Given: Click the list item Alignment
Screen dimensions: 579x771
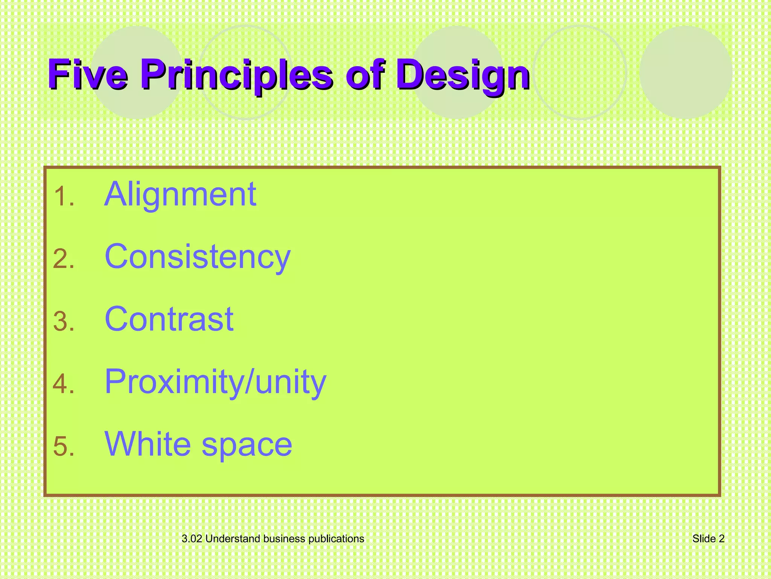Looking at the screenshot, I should point(180,195).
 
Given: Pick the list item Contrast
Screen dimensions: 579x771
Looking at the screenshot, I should point(169,319).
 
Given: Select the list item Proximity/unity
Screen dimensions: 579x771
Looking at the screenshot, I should point(215,382).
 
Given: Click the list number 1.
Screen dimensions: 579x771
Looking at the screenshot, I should point(63,197).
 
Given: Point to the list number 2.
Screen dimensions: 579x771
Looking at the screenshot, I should point(64,260).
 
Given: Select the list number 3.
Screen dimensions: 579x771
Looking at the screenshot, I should point(64,322).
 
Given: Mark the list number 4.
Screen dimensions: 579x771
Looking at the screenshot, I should point(64,384).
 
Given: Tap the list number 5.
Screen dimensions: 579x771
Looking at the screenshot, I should point(64,447).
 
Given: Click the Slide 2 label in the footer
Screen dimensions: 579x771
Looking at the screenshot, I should point(708,539).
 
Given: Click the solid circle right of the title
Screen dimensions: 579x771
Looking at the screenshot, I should point(686,72).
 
